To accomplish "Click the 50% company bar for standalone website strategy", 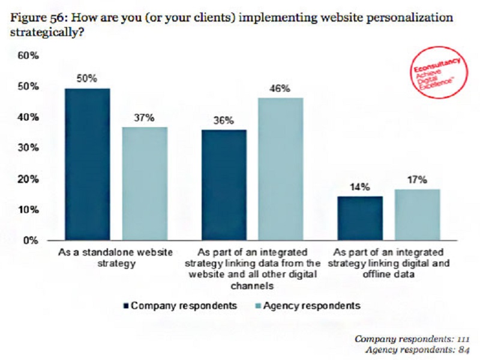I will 88,164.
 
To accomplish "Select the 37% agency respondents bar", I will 145,184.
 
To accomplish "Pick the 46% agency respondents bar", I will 281,169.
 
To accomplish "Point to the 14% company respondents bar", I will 360,218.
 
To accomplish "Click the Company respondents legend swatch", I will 126,305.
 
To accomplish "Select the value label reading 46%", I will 280,89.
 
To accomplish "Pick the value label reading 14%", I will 359,187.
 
